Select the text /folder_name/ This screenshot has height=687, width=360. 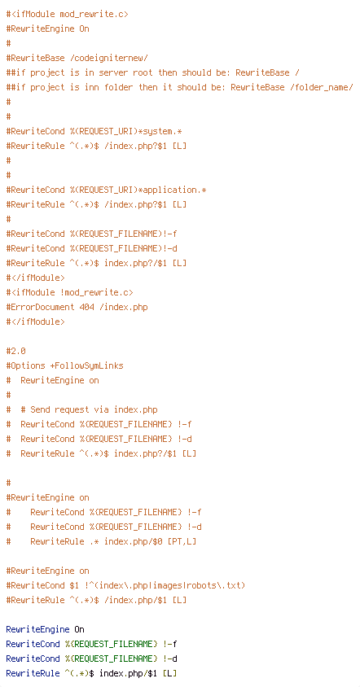(321, 87)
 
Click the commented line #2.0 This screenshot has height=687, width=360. (15, 351)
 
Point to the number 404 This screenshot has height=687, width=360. (87, 307)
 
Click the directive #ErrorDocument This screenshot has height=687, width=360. (41, 307)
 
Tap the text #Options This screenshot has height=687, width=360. (25, 365)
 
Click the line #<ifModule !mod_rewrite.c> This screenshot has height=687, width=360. (70, 292)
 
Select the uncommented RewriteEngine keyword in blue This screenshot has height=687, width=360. (37, 629)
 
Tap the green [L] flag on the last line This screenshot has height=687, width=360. (169, 673)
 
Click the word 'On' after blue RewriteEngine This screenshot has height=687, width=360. (79, 629)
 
